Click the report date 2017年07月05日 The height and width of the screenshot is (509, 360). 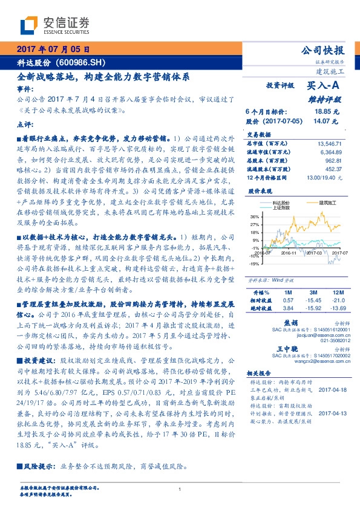(53, 50)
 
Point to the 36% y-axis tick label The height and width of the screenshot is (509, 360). (255, 216)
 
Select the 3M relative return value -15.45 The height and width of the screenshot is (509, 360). (313, 300)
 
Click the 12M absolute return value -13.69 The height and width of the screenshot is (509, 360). (339, 308)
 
